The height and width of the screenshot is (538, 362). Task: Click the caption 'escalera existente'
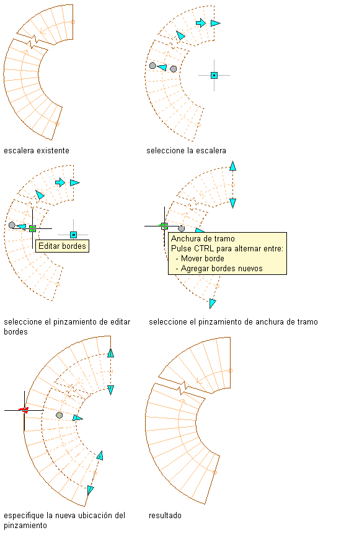click(37, 151)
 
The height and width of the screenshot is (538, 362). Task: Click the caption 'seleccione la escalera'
click(186, 151)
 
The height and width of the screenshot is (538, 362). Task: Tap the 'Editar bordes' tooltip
click(62, 246)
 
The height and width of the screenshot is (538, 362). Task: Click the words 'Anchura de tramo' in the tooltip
click(203, 239)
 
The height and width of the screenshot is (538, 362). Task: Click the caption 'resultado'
click(165, 516)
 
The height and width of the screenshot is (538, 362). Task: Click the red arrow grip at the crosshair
click(24, 410)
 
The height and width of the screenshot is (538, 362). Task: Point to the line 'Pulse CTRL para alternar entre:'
click(227, 248)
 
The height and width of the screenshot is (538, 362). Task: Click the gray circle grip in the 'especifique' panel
click(60, 415)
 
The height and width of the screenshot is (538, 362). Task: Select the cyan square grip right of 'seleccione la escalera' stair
click(214, 75)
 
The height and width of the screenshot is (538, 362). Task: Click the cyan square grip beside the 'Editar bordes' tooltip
click(73, 235)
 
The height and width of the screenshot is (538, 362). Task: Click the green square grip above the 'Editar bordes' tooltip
click(32, 228)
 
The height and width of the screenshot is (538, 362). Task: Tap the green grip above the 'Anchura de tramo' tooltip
click(164, 226)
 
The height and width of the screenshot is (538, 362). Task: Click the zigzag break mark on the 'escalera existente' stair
click(33, 42)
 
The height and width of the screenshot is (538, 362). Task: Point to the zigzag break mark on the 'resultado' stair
click(183, 388)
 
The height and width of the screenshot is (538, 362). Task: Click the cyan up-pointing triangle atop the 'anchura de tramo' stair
click(233, 166)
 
